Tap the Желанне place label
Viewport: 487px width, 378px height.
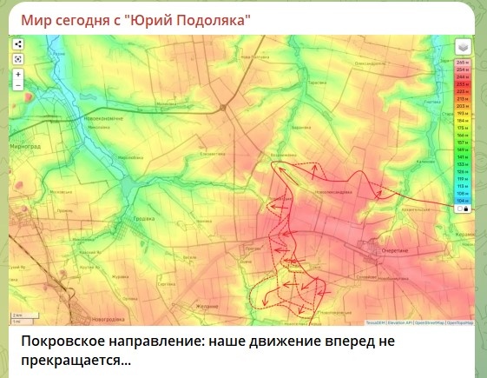207,305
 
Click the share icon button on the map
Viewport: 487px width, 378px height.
18,44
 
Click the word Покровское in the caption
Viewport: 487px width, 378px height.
62,342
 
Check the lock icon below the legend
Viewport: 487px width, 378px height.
467,209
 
